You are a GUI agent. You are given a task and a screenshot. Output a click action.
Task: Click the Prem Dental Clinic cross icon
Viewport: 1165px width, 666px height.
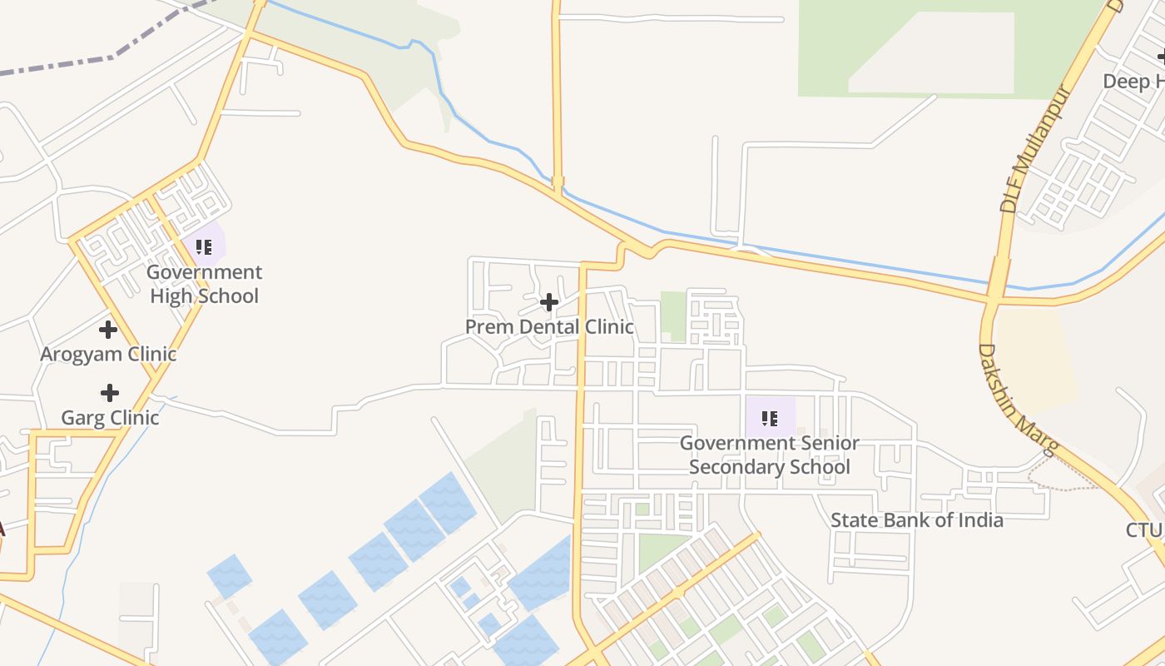pos(548,302)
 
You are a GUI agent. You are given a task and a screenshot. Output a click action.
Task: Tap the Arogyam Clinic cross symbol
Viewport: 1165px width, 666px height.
pos(108,330)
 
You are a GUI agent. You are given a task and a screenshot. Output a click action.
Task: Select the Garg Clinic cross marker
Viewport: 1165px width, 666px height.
pos(109,393)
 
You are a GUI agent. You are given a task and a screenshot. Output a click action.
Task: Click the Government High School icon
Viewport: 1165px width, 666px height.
pos(204,247)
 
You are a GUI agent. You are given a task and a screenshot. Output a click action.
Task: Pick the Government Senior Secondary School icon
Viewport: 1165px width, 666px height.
pos(770,419)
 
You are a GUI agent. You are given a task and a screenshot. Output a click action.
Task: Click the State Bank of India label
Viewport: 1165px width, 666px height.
pos(916,520)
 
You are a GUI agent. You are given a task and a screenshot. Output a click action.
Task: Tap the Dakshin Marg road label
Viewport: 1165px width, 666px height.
pos(1017,400)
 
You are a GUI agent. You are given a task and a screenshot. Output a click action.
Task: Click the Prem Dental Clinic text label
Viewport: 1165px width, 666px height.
pos(549,327)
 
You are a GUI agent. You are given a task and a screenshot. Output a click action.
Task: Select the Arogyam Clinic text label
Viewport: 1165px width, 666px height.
pos(108,354)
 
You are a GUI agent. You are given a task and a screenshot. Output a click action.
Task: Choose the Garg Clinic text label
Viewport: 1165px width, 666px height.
pos(110,417)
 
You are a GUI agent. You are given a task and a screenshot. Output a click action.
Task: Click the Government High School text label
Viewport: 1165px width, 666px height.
pos(204,284)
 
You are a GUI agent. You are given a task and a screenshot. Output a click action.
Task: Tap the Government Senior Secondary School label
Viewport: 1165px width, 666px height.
pos(770,455)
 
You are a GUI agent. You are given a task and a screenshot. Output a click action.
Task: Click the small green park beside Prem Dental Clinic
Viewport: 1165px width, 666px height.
pos(672,316)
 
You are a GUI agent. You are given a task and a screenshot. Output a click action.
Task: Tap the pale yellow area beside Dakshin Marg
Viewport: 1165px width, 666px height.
pos(1036,358)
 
